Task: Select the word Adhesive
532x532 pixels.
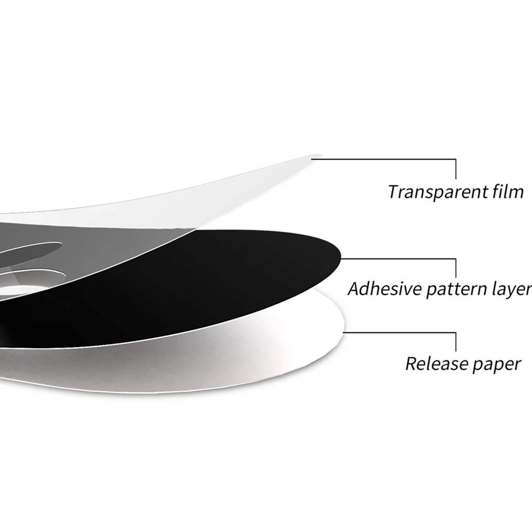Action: (x=384, y=289)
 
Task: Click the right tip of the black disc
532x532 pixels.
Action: (x=340, y=256)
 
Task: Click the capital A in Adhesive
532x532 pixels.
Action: (x=355, y=289)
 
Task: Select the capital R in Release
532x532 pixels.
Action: (x=413, y=364)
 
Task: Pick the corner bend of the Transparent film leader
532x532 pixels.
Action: (x=456, y=159)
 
